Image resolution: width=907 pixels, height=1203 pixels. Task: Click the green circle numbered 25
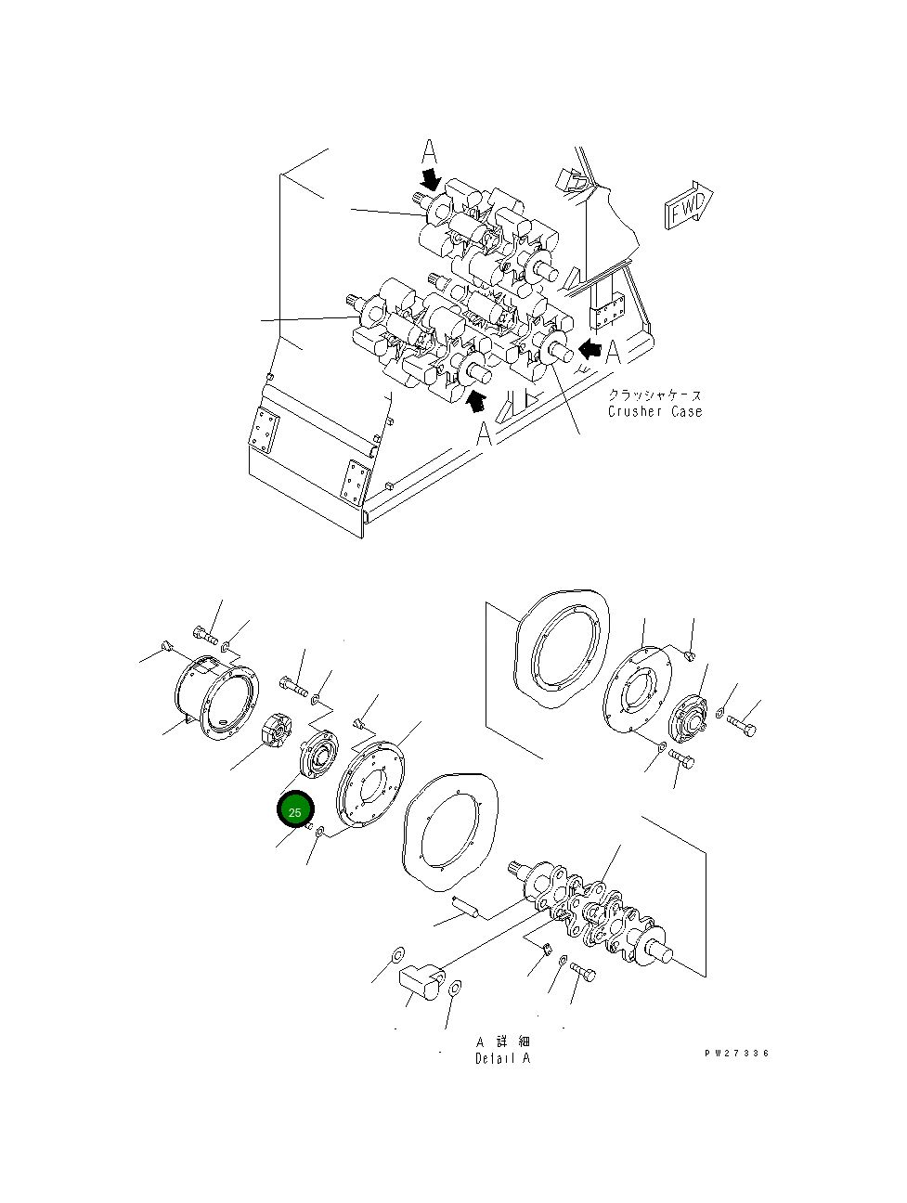coord(295,811)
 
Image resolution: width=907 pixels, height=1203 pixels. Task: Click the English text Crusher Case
coord(654,411)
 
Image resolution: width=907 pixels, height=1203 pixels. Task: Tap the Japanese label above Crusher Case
coord(654,395)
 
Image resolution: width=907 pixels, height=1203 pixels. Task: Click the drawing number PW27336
coord(736,1054)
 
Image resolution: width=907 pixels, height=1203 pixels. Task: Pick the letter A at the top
coord(428,151)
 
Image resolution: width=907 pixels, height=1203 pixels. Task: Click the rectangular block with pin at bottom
coord(421,981)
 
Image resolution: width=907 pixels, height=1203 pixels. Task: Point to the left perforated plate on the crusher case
coord(263,432)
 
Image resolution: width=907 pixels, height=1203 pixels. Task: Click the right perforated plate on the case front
coord(354,482)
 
